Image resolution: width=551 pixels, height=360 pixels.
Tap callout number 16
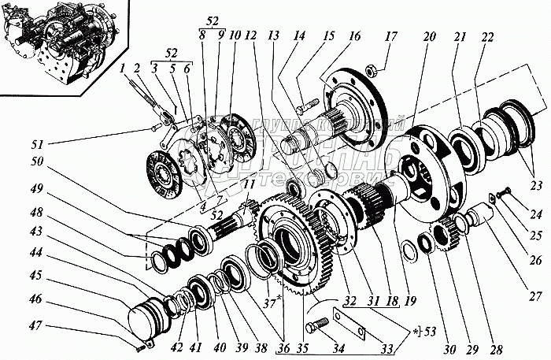click(354, 38)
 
